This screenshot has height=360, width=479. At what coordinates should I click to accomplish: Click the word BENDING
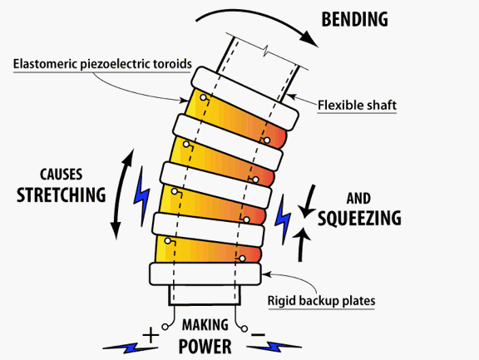point(354,19)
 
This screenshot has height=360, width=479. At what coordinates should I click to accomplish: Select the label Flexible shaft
point(357,106)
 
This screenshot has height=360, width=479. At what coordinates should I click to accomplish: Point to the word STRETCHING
point(61,195)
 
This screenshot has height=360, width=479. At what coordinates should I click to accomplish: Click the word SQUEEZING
point(359,218)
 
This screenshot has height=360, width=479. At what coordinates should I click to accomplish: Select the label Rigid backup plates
point(321,301)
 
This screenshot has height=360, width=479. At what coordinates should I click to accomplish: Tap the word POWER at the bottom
point(205,347)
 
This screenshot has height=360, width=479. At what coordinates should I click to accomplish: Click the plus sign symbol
point(151,335)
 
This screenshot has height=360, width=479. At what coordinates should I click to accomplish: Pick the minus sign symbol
point(258,335)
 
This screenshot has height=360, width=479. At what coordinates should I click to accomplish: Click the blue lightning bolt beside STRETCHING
point(141,197)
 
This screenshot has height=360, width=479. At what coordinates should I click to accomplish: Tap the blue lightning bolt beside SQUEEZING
point(283,219)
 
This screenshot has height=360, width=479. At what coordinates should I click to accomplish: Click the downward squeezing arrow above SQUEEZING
point(309,201)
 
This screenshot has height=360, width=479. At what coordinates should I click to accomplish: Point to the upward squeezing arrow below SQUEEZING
point(302,244)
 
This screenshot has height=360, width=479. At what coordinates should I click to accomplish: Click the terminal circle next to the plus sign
point(165,327)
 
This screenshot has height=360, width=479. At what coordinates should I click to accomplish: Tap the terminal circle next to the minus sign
point(244,328)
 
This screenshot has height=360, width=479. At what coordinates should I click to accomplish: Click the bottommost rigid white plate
point(205,274)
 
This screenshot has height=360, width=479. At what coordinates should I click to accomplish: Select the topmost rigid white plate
point(244,99)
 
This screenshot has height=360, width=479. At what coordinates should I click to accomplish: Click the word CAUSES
point(61,175)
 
